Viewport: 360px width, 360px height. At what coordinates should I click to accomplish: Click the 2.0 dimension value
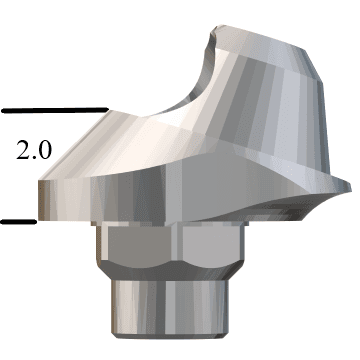point(36,152)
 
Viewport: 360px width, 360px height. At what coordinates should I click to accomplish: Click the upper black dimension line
point(54,108)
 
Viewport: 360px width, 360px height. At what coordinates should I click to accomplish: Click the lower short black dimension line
point(18,222)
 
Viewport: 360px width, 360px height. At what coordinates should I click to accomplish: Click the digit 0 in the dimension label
point(47,152)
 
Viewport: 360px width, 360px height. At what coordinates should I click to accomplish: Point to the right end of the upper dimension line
point(105,108)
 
